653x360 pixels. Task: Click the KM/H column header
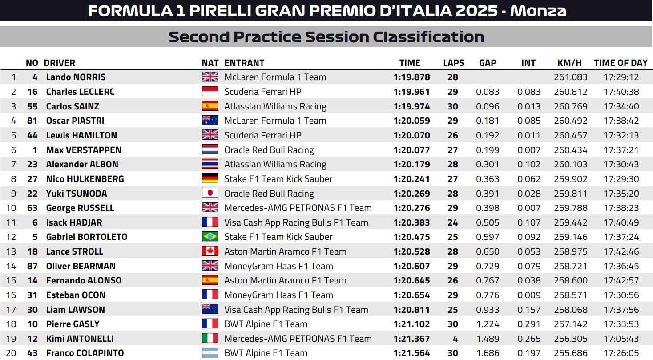pos(569,63)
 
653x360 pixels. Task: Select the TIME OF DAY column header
pos(621,63)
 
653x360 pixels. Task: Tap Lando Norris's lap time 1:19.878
pos(411,77)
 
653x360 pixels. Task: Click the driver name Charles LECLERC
pos(80,92)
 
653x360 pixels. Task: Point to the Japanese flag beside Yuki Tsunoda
pos(210,194)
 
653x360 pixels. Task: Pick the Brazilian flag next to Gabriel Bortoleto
pos(210,237)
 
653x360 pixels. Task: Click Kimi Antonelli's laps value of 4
pos(455,339)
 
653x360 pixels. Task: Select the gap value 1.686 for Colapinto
pos(488,353)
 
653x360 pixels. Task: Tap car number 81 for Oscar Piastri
pos(32,121)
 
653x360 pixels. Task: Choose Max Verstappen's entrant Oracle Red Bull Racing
pos(269,150)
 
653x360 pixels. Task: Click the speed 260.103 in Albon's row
pos(570,164)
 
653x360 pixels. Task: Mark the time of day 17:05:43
pos(621,339)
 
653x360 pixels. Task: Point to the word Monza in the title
pos(538,11)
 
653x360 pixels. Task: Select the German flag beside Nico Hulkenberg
pos(210,179)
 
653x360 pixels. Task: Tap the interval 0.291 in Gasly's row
pos(529,324)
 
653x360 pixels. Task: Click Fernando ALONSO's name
pos(84,280)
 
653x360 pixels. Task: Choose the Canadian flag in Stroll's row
pos(210,251)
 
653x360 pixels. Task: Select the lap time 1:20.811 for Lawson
pos(411,310)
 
